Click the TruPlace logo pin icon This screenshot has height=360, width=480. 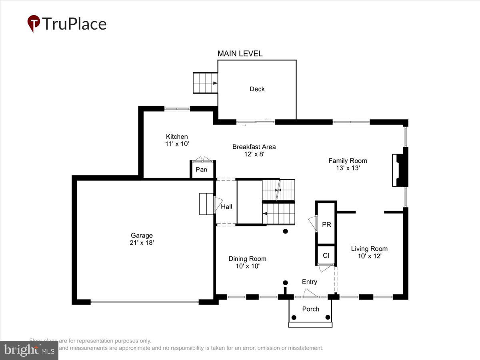(x=34, y=23)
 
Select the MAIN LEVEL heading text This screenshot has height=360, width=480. (x=240, y=54)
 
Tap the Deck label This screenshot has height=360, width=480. (x=257, y=89)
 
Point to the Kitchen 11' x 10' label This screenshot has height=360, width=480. (x=177, y=140)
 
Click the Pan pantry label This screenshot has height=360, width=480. (x=201, y=170)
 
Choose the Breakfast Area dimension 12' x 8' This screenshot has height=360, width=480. (x=254, y=154)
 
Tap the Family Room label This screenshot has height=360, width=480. (x=348, y=161)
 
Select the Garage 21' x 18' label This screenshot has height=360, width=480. (x=142, y=239)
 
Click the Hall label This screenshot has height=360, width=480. (x=226, y=207)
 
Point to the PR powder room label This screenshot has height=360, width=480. (x=326, y=225)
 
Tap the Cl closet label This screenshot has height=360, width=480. (x=326, y=255)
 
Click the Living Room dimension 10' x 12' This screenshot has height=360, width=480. (x=369, y=256)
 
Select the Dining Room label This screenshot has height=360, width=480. (x=247, y=259)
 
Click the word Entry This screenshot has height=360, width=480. (x=309, y=282)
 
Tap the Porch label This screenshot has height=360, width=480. (x=311, y=309)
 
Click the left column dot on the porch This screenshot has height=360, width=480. (x=294, y=317)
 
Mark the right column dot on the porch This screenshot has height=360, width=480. (x=328, y=317)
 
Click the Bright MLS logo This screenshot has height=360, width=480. (x=29, y=350)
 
